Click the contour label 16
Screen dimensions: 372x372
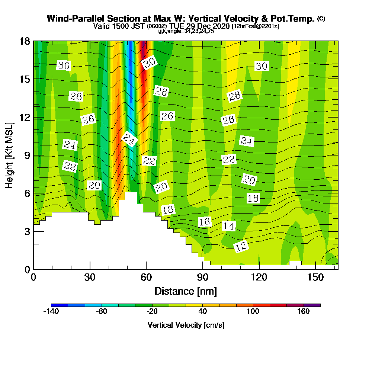tap(204, 222)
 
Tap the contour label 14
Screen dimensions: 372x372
tap(229, 226)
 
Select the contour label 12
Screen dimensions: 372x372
tap(241, 246)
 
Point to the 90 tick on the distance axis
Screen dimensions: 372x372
tap(202, 278)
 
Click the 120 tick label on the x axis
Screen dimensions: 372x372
tap(259, 278)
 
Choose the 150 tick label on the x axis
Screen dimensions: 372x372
tap(315, 278)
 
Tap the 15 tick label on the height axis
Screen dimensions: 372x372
tap(25, 79)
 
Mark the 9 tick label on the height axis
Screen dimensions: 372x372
tap(27, 155)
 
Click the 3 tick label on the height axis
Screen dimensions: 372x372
tap(27, 231)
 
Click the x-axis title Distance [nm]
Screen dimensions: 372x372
tap(186, 291)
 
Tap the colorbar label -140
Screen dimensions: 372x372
tap(51, 312)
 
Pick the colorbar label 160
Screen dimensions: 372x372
tap(304, 312)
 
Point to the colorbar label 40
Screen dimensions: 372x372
tap(203, 312)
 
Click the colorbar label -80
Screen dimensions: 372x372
tap(102, 312)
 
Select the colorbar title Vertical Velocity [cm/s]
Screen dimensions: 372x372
tap(186, 325)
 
